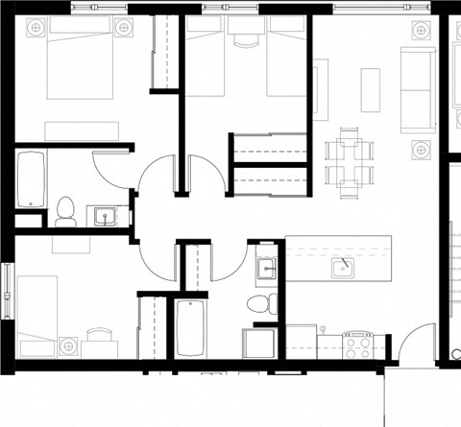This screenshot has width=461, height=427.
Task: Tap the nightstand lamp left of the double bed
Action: (x=36, y=29)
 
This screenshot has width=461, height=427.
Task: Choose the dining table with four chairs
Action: (x=347, y=162)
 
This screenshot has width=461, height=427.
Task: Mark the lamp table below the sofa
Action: (x=420, y=149)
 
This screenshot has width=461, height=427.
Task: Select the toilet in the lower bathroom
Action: (x=260, y=305)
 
